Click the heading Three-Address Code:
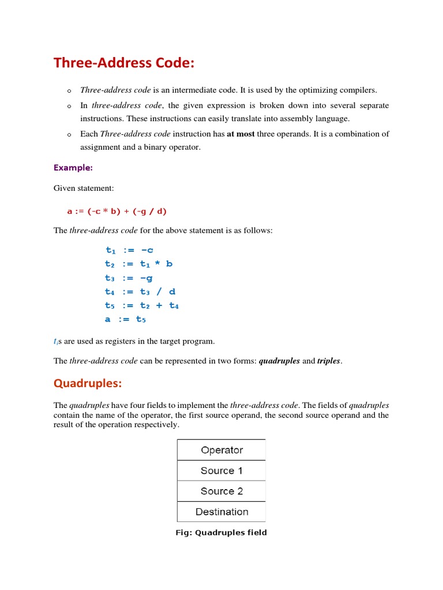click(124, 63)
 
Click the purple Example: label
click(73, 168)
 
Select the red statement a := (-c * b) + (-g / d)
click(117, 211)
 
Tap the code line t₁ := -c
click(129, 250)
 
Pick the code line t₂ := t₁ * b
click(138, 264)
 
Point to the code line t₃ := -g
click(129, 278)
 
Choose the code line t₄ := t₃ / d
click(140, 292)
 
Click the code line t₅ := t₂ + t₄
click(142, 305)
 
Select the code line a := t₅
click(125, 319)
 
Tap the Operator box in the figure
click(221, 450)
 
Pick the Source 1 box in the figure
click(221, 471)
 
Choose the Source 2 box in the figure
click(221, 491)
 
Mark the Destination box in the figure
click(221, 512)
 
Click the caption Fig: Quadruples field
click(221, 532)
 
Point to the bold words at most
click(241, 134)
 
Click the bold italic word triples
click(329, 361)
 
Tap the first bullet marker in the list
click(68, 91)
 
